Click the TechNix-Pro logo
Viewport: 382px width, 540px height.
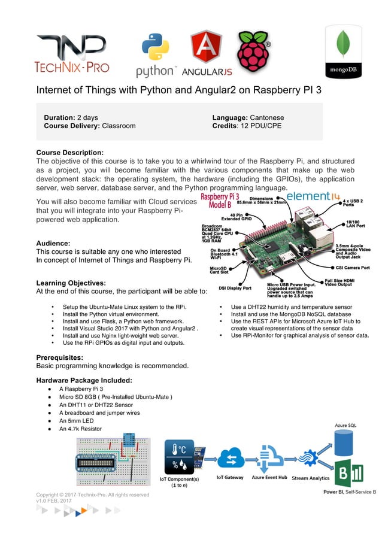click(x=72, y=54)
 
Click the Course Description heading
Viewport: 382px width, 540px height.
click(x=70, y=152)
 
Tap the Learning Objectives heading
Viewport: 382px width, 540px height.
click(x=71, y=283)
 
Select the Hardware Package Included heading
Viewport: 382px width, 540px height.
click(x=84, y=380)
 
